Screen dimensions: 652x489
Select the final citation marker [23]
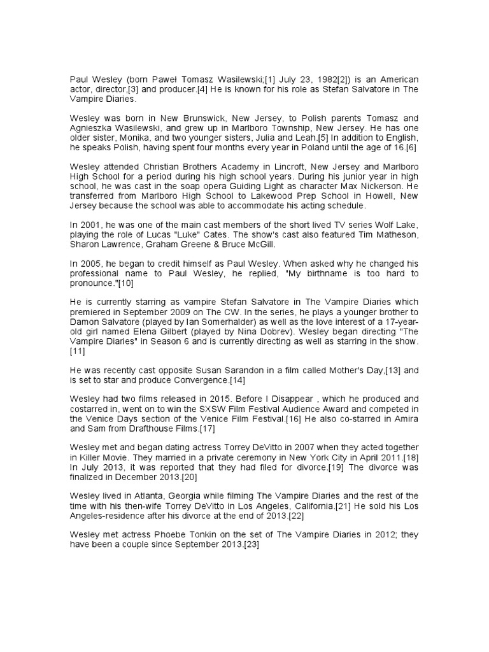point(249,546)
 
